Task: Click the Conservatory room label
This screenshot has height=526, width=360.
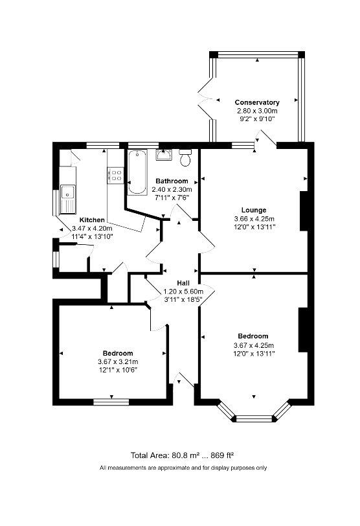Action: point(257,102)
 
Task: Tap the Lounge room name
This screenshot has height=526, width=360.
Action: point(253,210)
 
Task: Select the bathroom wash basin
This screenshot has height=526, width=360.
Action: point(163,155)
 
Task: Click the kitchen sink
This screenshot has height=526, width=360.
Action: point(67,193)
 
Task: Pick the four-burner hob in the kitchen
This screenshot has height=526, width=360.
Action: point(115,174)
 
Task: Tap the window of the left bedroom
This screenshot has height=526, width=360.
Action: point(111,402)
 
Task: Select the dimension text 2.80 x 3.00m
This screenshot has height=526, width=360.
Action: point(257,111)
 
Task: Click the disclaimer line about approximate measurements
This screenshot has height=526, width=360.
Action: point(183,468)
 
